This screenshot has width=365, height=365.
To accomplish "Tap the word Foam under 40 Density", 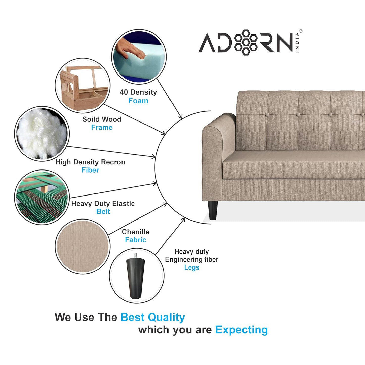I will click(x=138, y=101).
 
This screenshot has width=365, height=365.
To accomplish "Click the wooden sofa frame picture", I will click(x=83, y=85).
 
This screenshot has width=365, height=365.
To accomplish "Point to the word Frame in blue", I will click(x=102, y=127).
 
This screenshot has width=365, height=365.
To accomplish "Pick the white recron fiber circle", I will click(x=42, y=134).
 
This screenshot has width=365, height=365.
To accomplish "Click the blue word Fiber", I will click(x=90, y=170).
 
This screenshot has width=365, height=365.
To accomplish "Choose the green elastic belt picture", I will click(x=42, y=197).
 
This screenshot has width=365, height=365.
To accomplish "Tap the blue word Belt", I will click(x=103, y=211).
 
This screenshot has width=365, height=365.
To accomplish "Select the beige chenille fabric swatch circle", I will click(x=83, y=246).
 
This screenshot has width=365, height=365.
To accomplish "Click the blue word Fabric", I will click(x=135, y=240).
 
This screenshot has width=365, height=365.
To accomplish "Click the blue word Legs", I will click(x=191, y=267).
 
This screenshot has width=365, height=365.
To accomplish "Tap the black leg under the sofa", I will click(x=213, y=210).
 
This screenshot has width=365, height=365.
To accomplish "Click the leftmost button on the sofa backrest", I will click(x=267, y=115).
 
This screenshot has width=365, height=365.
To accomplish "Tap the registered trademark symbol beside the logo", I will click(x=301, y=31).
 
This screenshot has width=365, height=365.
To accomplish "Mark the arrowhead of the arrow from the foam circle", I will click(x=181, y=117).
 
